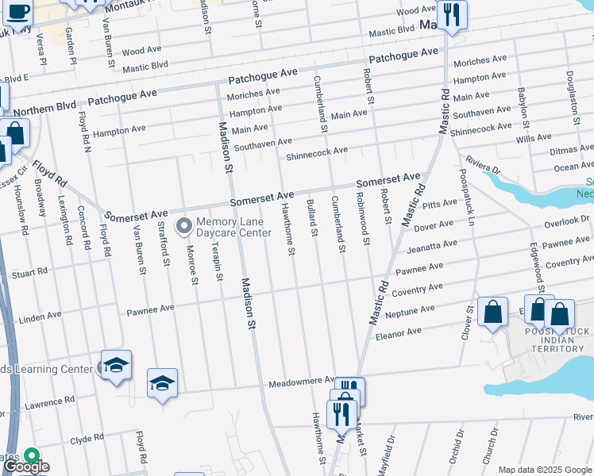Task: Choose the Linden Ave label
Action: pos(41,316)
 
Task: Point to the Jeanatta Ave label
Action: pos(433,245)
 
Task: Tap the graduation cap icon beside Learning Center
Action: pos(116,365)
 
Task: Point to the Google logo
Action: pos(25,466)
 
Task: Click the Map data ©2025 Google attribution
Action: pos(544,470)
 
